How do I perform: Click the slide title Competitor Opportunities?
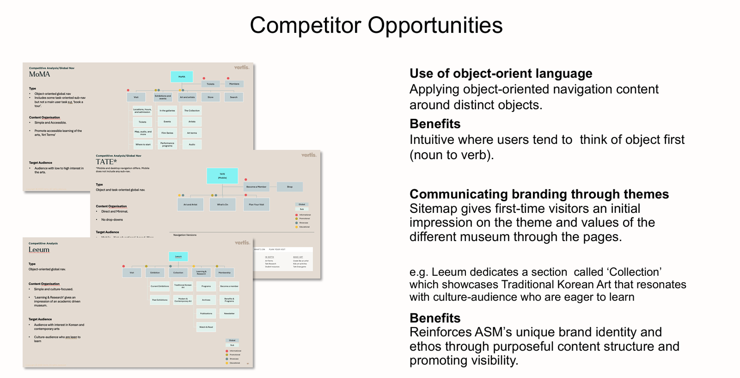376,25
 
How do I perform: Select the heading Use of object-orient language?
501,74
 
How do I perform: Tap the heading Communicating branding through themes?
539,194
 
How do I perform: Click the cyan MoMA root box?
182,77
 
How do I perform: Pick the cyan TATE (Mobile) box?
222,176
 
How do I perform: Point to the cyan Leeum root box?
178,256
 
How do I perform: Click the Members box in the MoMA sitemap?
234,84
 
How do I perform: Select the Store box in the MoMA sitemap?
210,97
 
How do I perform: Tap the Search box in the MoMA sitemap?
234,97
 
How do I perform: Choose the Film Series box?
167,133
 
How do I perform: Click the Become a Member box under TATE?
256,187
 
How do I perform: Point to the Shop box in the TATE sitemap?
290,187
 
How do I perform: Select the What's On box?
222,204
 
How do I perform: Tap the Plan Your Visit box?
256,204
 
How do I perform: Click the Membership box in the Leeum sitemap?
225,273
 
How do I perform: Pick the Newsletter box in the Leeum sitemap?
229,314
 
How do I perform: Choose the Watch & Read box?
206,327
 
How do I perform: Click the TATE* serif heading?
106,162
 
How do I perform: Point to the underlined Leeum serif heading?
39,250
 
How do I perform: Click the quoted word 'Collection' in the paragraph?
635,272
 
